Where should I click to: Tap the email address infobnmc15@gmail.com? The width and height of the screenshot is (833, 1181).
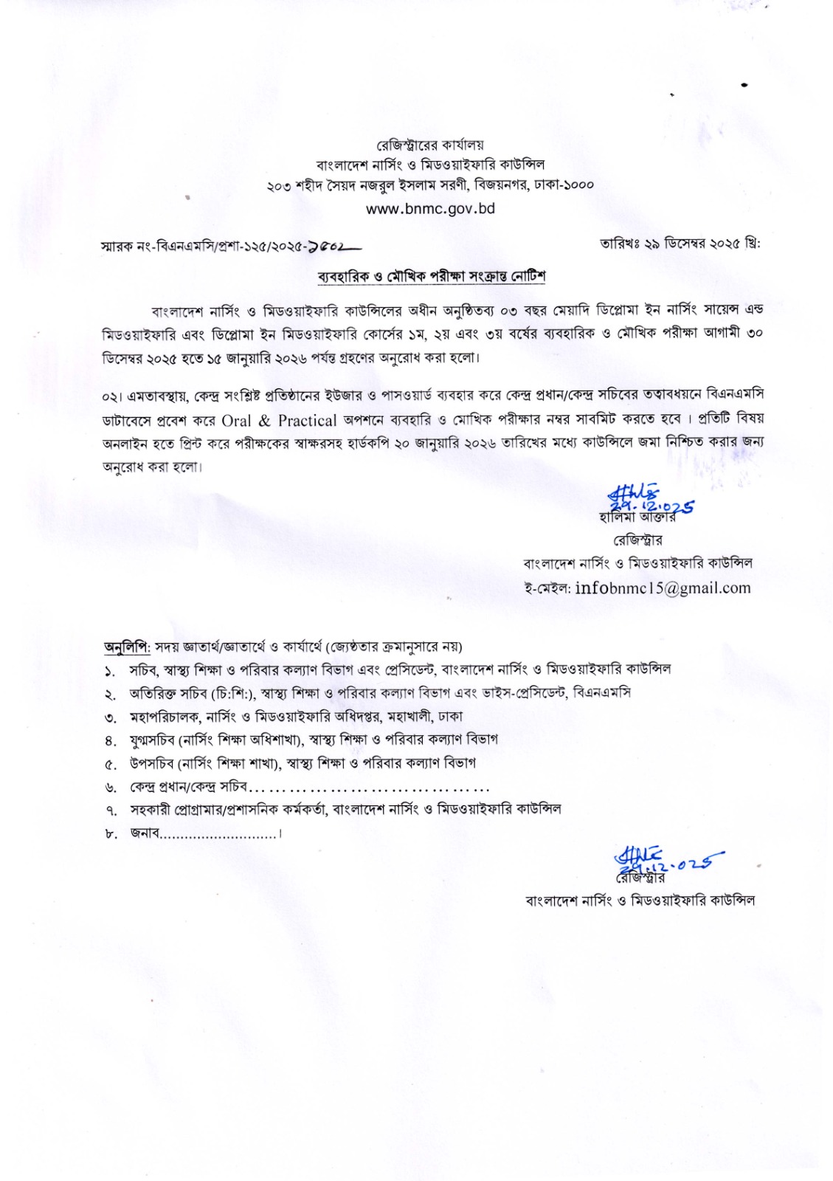point(662,588)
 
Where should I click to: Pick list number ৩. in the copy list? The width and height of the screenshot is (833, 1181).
point(111,717)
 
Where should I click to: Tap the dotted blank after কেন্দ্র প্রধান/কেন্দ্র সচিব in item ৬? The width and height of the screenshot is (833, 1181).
point(369,786)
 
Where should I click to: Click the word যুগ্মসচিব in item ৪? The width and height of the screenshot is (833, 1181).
point(153,739)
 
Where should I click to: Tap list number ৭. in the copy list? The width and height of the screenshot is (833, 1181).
point(111,810)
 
